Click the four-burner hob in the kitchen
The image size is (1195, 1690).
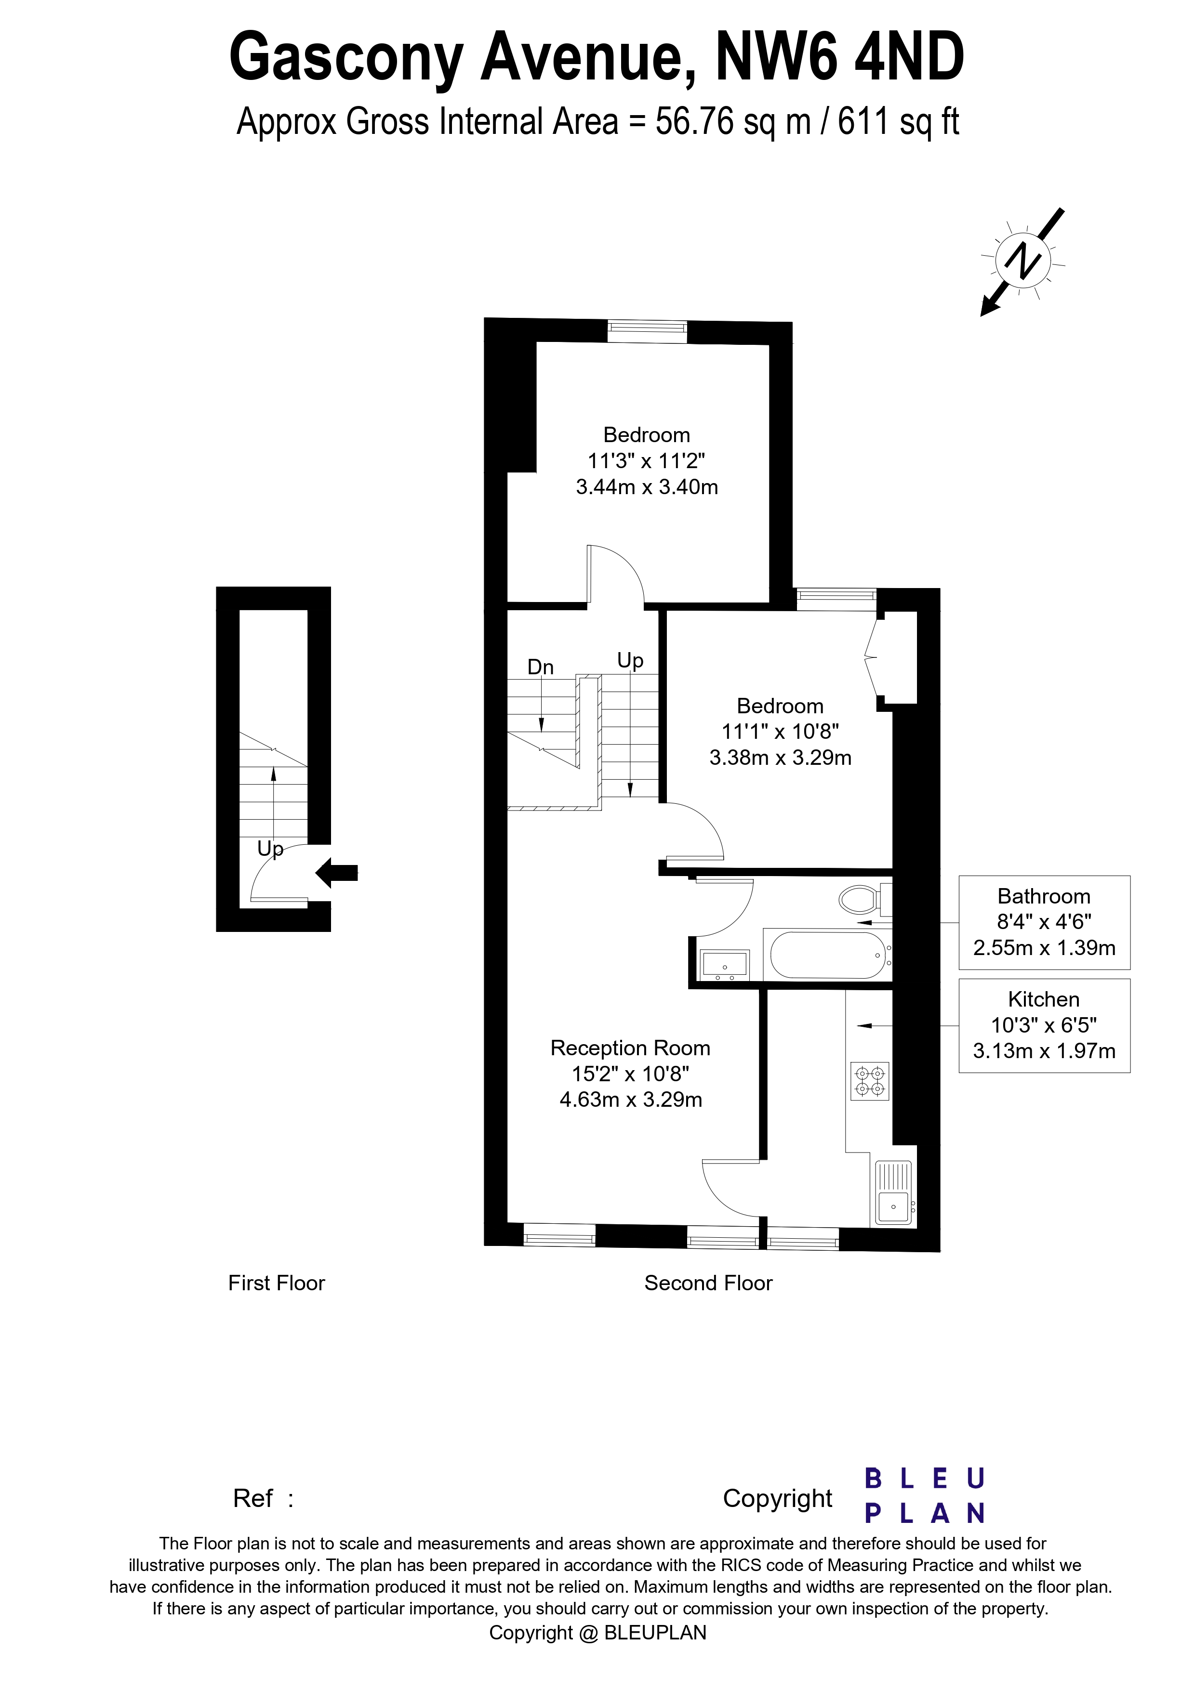pos(870,1081)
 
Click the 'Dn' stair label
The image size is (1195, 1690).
pos(541,667)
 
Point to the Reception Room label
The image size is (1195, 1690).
pos(630,1048)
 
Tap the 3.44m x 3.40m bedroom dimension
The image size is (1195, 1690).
pos(647,487)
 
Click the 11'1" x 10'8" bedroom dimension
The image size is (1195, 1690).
pos(780,732)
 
